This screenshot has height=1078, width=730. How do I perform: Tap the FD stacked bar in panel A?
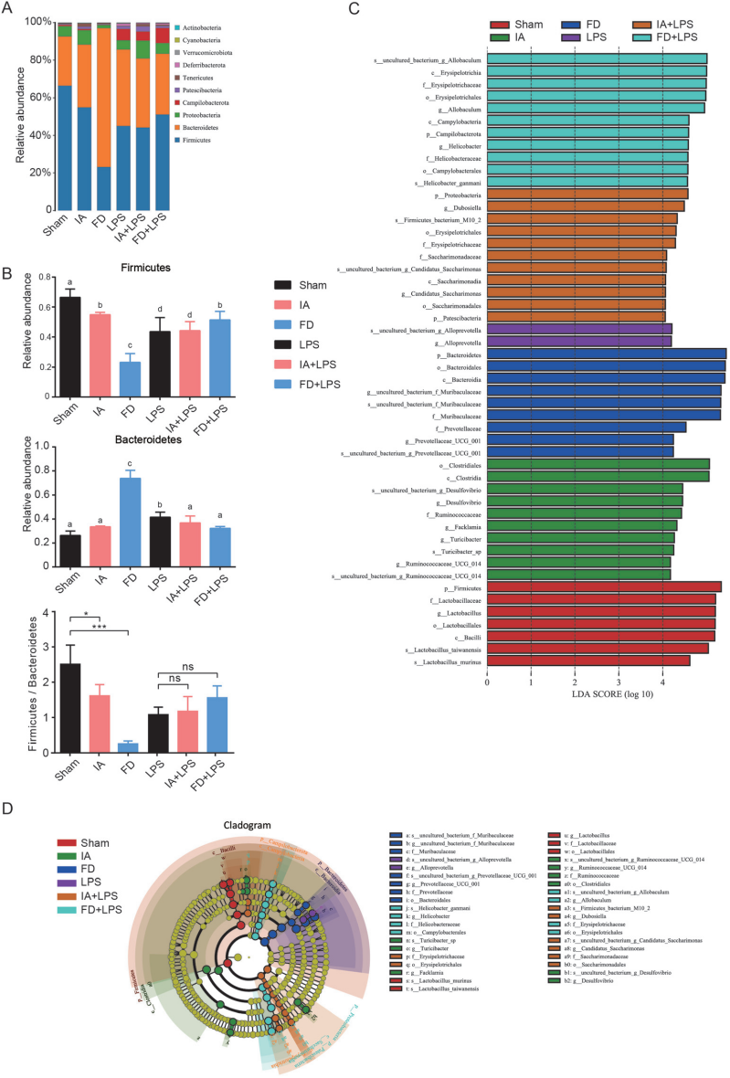coord(105,119)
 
